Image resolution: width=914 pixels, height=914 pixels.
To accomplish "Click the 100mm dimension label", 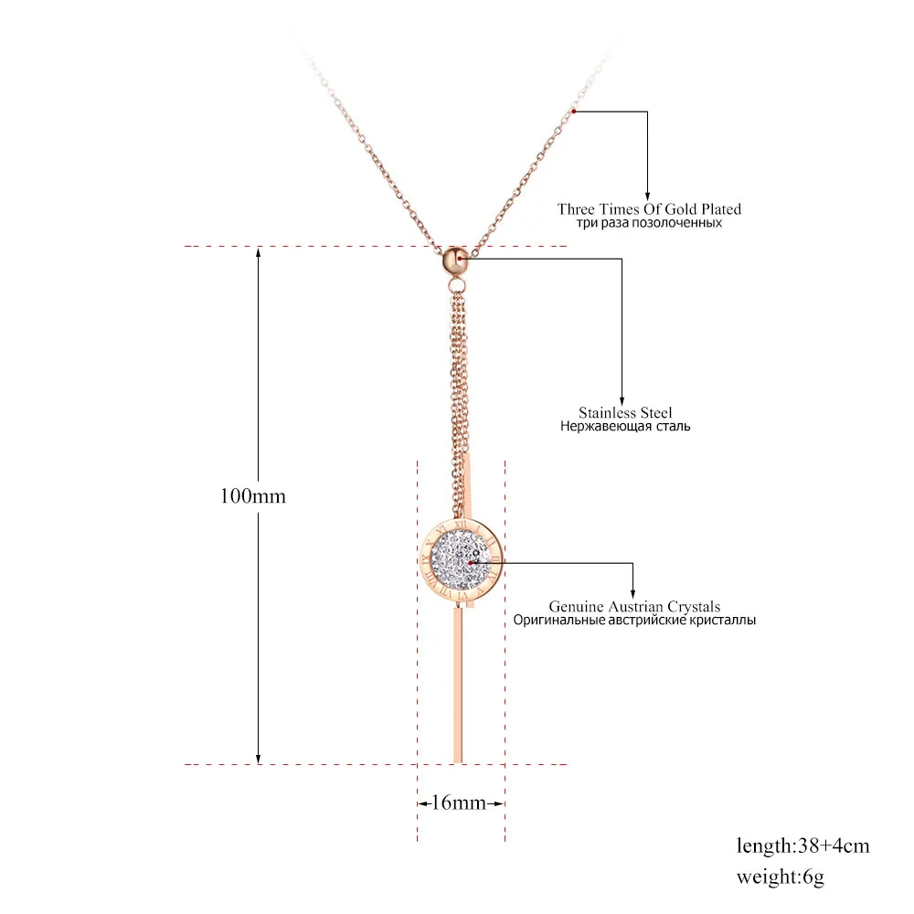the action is [x=253, y=497].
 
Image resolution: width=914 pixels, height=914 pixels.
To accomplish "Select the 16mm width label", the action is [x=461, y=803].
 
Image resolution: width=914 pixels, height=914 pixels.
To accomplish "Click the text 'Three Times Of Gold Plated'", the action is [x=649, y=209].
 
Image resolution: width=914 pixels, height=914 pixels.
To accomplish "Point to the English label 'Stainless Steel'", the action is [x=624, y=413].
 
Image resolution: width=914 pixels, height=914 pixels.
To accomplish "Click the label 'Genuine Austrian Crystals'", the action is [x=634, y=606].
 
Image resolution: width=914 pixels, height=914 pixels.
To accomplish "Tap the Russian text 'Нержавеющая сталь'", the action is [x=624, y=427].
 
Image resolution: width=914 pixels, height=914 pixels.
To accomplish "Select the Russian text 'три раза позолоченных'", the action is [x=649, y=223].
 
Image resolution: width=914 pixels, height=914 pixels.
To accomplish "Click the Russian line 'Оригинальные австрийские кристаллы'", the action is [x=634, y=620].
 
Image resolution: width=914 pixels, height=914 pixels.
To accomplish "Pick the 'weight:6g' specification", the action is [x=781, y=877].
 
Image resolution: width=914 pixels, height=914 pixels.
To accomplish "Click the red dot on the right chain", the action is [x=573, y=111].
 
